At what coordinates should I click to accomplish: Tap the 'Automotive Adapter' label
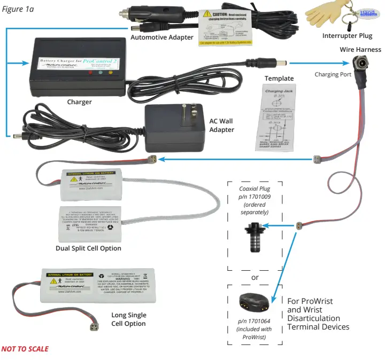tap(161, 37)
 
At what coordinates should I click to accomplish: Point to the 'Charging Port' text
tap(333, 74)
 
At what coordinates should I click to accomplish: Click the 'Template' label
tap(279, 78)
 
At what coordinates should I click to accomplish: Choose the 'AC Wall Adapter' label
tap(221, 125)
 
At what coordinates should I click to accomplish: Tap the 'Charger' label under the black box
tap(79, 101)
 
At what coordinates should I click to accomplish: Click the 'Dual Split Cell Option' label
tap(88, 248)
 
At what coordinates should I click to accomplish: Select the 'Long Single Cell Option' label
tap(128, 319)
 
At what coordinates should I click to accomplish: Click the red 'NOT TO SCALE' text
tap(25, 349)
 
